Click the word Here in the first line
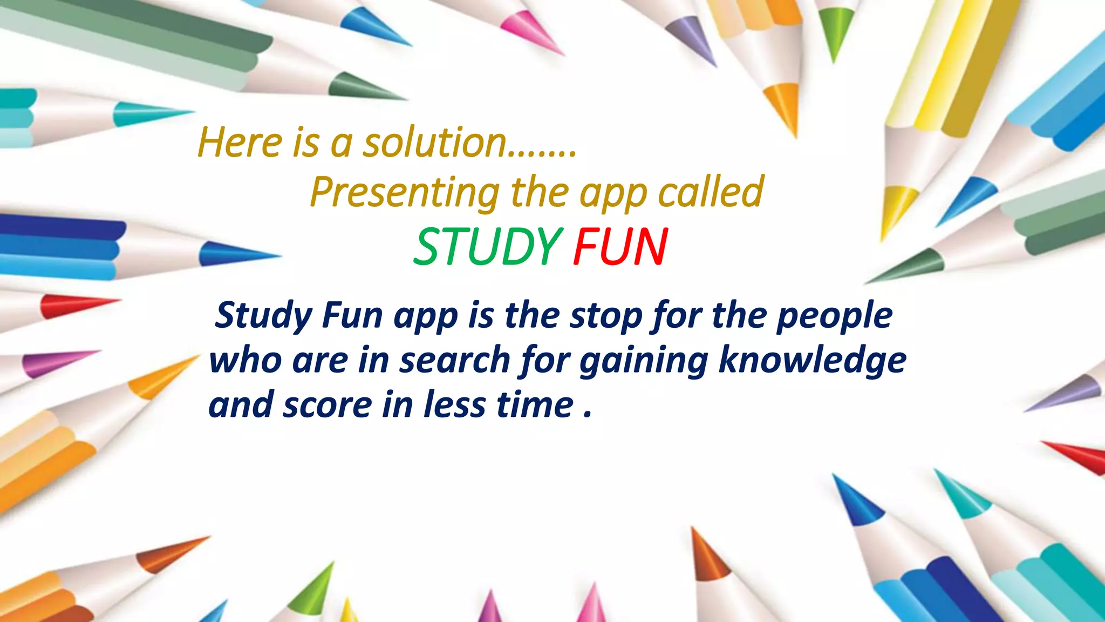tap(240, 143)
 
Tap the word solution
tap(434, 143)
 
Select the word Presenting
tap(405, 192)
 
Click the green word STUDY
tap(487, 247)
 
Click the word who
tap(245, 360)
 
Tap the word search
tap(454, 360)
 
